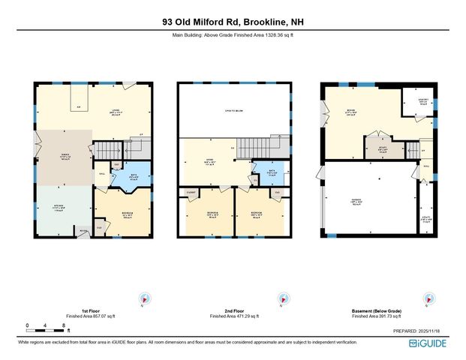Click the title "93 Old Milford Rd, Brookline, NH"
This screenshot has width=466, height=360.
pos(233,22)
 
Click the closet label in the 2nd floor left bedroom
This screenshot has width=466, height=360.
pos(191,192)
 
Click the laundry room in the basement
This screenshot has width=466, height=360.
pos(416,103)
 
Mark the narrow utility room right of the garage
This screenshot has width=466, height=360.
pos(426,220)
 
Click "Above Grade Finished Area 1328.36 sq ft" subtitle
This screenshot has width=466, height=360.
pos(233,35)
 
